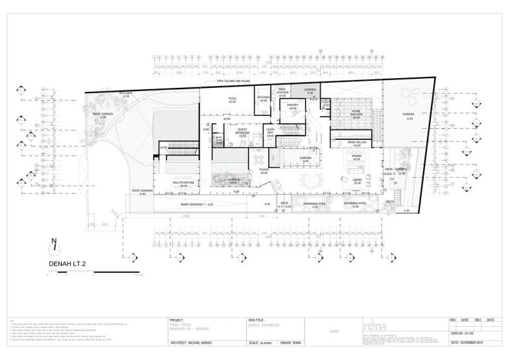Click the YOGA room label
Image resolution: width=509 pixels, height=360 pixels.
pos(231,98)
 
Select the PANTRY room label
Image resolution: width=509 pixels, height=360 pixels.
pos(292,104)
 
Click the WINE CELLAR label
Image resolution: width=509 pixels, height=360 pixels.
pos(356,142)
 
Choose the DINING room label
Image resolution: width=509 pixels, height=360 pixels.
pos(356,157)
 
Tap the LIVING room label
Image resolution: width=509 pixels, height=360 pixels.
pos(356,179)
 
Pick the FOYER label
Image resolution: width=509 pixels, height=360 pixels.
pos(264,171)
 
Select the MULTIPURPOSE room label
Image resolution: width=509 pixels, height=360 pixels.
pos(184,183)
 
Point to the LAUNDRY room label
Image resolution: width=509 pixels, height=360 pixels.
pos(270,131)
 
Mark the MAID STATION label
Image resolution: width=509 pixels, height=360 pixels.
pos(282,92)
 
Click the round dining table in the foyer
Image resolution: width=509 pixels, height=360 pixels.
pos(258,159)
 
